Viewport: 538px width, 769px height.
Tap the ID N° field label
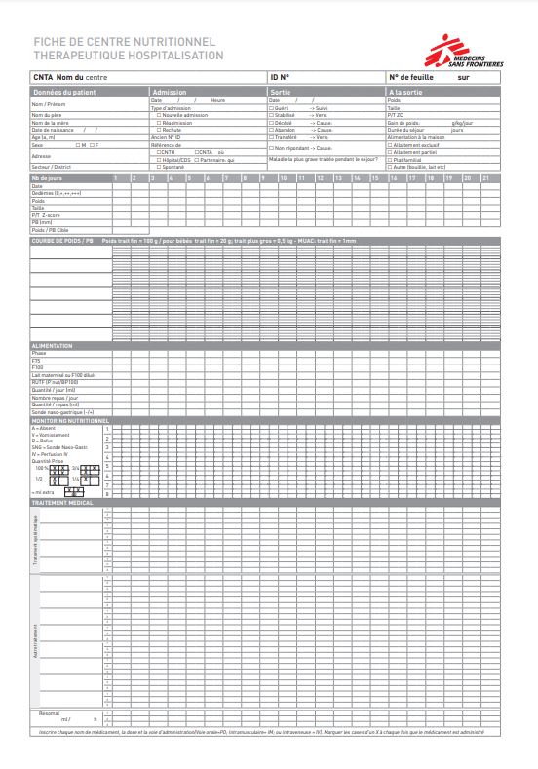pyautogui.click(x=279, y=76)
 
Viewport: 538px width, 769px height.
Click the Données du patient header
pyautogui.click(x=64, y=92)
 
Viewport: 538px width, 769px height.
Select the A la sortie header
pyautogui.click(x=407, y=92)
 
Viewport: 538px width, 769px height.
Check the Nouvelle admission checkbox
pyautogui.click(x=159, y=115)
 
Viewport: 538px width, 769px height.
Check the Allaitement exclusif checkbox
pyautogui.click(x=390, y=145)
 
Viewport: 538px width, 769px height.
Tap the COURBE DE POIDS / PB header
pyautogui.click(x=63, y=240)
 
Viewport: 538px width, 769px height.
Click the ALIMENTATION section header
pyautogui.click(x=53, y=346)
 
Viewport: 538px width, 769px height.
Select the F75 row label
pyautogui.click(x=36, y=361)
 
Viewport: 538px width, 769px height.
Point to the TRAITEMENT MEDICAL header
pyautogui.click(x=62, y=501)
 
